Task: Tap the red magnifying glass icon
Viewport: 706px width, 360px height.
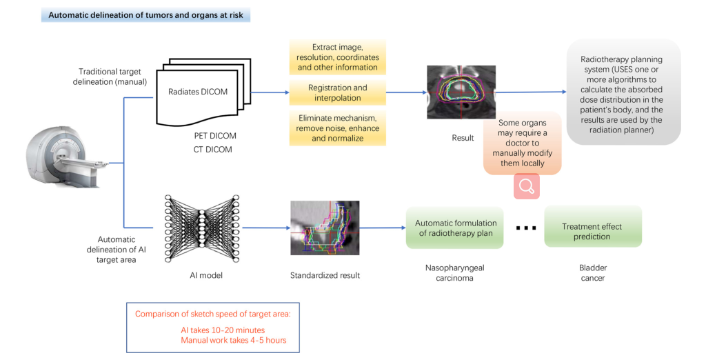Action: click(x=526, y=186)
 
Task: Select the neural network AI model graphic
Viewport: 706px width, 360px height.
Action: click(x=201, y=227)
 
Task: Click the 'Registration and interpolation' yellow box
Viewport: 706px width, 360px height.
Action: click(x=338, y=93)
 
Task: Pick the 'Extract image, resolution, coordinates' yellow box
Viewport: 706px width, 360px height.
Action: click(x=338, y=57)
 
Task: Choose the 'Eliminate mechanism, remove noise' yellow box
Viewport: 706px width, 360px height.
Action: click(x=338, y=128)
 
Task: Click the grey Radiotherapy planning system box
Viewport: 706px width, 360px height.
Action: click(x=623, y=91)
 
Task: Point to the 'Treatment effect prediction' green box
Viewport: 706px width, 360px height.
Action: click(x=592, y=232)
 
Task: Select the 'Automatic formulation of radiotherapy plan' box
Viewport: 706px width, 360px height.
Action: click(x=455, y=228)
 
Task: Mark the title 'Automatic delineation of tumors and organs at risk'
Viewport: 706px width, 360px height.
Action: click(x=145, y=14)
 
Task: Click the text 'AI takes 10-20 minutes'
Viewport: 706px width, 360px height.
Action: click(x=223, y=330)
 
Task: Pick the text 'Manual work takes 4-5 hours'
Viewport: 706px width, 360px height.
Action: click(x=234, y=341)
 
